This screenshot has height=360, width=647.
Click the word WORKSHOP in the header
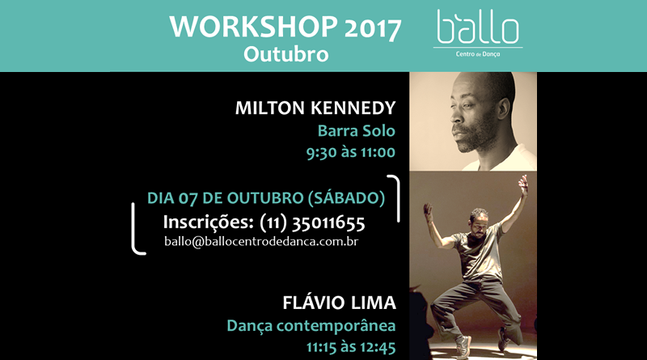coord(253,27)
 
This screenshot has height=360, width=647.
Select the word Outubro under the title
coord(286,54)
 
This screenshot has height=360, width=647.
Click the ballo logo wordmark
coord(478,28)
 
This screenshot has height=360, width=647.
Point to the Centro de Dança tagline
coord(478,54)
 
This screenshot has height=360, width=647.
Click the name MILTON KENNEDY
coord(315,108)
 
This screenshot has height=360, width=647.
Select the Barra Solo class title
coord(357,131)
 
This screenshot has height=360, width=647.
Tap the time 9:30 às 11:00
coord(351,152)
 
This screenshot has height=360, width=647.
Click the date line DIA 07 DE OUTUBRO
coord(226,198)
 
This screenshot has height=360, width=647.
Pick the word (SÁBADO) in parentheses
coord(347,198)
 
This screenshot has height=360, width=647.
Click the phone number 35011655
coord(328,223)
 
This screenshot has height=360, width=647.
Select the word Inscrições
coord(209,223)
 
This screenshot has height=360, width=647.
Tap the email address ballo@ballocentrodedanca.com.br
coord(261,242)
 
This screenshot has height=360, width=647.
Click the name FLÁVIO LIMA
coord(339,303)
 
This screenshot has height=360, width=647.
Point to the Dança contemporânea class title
coord(311,326)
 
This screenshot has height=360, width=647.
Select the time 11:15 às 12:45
coord(351,347)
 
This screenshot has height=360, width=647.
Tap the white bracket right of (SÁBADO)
coord(398,198)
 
